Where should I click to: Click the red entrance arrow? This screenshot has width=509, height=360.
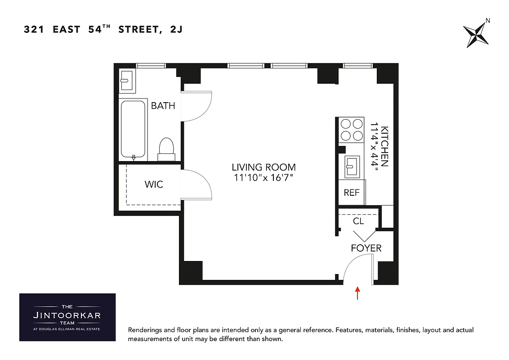(357, 293)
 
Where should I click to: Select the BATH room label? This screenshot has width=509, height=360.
(163, 106)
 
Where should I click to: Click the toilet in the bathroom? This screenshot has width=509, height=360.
(167, 149)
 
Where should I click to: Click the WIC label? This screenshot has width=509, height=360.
(154, 184)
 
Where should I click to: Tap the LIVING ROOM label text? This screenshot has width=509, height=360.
(264, 167)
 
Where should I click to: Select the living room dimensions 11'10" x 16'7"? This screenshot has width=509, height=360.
(264, 178)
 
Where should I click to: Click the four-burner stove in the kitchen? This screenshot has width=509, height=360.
(352, 129)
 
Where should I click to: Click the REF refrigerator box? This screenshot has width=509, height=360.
(352, 192)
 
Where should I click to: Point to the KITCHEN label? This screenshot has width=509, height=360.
(384, 146)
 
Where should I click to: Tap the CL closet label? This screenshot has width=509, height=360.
(358, 221)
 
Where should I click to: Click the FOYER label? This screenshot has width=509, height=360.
(366, 248)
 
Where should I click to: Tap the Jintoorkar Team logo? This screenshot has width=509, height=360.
(67, 317)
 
